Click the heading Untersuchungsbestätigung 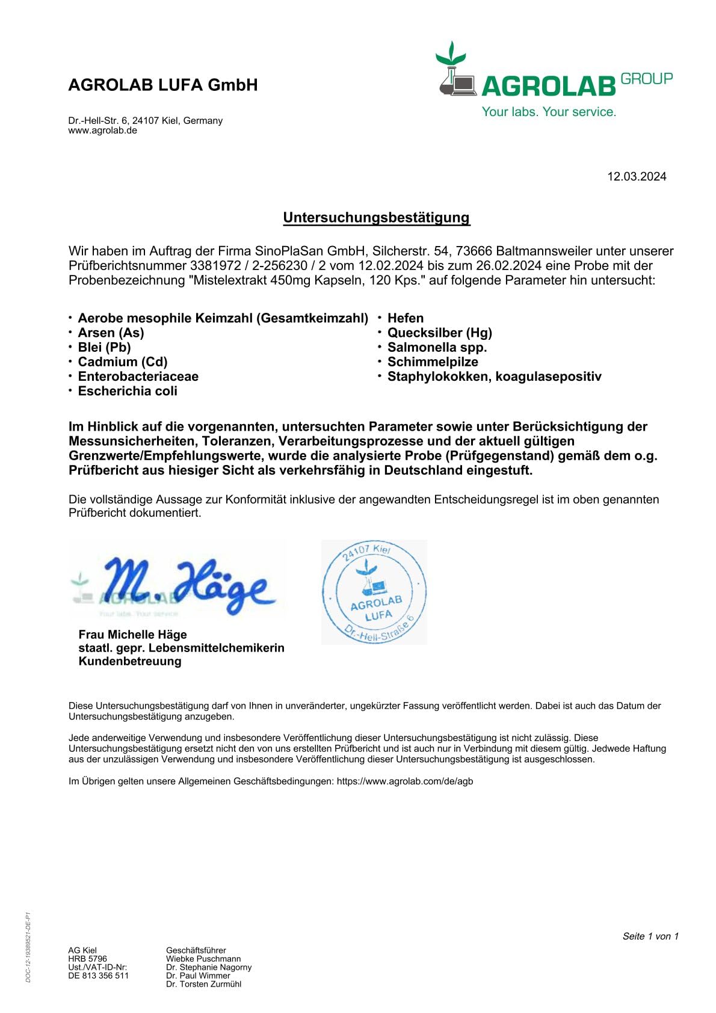tap(376, 218)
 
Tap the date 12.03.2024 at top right tap(637, 176)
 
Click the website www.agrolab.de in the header tap(102, 131)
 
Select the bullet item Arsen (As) tap(111, 333)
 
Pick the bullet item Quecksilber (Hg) tap(439, 333)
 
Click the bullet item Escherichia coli tap(128, 391)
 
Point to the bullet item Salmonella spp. tap(437, 347)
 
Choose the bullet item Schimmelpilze tap(433, 362)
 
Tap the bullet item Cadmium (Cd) tap(123, 362)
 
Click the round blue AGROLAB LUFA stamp tap(374, 592)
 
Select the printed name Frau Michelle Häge tap(132, 635)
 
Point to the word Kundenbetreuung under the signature tap(130, 661)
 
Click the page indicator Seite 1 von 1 tap(650, 936)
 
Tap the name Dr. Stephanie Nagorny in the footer tap(209, 967)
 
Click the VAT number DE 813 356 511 tap(98, 976)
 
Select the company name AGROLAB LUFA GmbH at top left tap(163, 85)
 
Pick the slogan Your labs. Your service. tap(549, 112)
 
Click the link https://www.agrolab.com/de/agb tap(405, 781)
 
